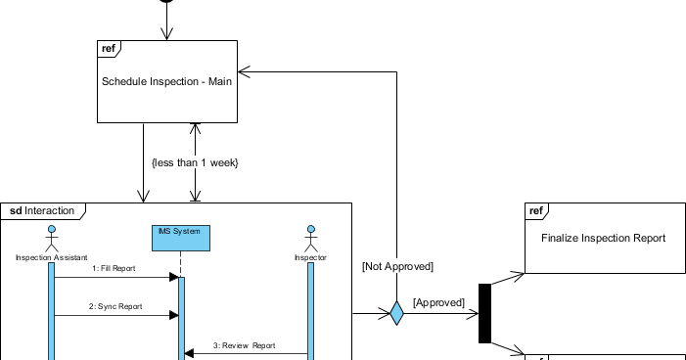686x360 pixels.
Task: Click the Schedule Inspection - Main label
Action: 166,81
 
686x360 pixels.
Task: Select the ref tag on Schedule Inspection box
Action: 109,49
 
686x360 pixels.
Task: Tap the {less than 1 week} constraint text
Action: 195,162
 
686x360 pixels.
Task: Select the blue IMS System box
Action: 181,236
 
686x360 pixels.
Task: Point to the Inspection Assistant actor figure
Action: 51,238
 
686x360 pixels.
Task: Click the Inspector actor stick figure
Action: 310,238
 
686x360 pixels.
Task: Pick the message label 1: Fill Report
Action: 114,267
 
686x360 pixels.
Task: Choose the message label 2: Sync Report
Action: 114,306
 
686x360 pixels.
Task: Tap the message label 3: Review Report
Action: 245,345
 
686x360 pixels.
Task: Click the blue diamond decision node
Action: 396,313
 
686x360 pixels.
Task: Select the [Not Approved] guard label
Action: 396,266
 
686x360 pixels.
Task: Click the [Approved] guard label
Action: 437,303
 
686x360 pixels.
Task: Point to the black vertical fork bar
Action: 483,313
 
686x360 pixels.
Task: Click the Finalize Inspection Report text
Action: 603,238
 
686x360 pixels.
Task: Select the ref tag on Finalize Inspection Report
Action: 536,210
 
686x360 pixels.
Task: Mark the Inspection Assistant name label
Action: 51,258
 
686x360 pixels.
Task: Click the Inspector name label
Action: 310,258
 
